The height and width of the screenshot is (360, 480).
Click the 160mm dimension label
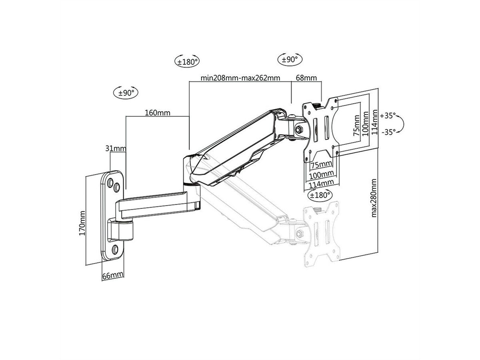[x=158, y=113]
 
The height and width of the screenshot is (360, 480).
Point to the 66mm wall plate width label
[x=112, y=276]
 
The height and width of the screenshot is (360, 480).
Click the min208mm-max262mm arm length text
[x=240, y=78]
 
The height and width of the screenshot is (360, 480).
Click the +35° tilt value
[x=388, y=116]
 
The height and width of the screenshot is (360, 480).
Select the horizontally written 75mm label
[x=321, y=164]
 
